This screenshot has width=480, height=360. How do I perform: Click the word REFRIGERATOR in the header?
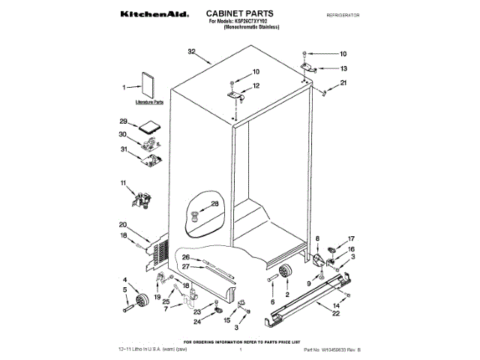(x=344, y=15)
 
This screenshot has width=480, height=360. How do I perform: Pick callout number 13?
(x=343, y=67)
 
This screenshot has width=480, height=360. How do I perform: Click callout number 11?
(x=124, y=182)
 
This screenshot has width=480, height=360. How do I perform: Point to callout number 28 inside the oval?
(x=214, y=204)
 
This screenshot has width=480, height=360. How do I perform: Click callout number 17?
(x=350, y=240)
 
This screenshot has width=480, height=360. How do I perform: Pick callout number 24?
(x=198, y=322)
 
